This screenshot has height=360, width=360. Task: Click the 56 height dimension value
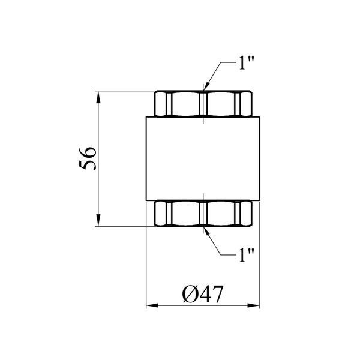click(88, 158)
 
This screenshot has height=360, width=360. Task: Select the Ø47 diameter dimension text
click(203, 294)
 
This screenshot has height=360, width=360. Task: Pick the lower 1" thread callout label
click(247, 255)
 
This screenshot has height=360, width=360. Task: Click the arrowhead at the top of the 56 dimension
click(98, 97)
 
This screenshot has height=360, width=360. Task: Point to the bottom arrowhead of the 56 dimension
click(98, 220)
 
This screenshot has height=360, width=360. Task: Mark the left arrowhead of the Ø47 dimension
click(152, 305)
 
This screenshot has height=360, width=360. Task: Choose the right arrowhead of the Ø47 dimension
click(253, 305)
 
